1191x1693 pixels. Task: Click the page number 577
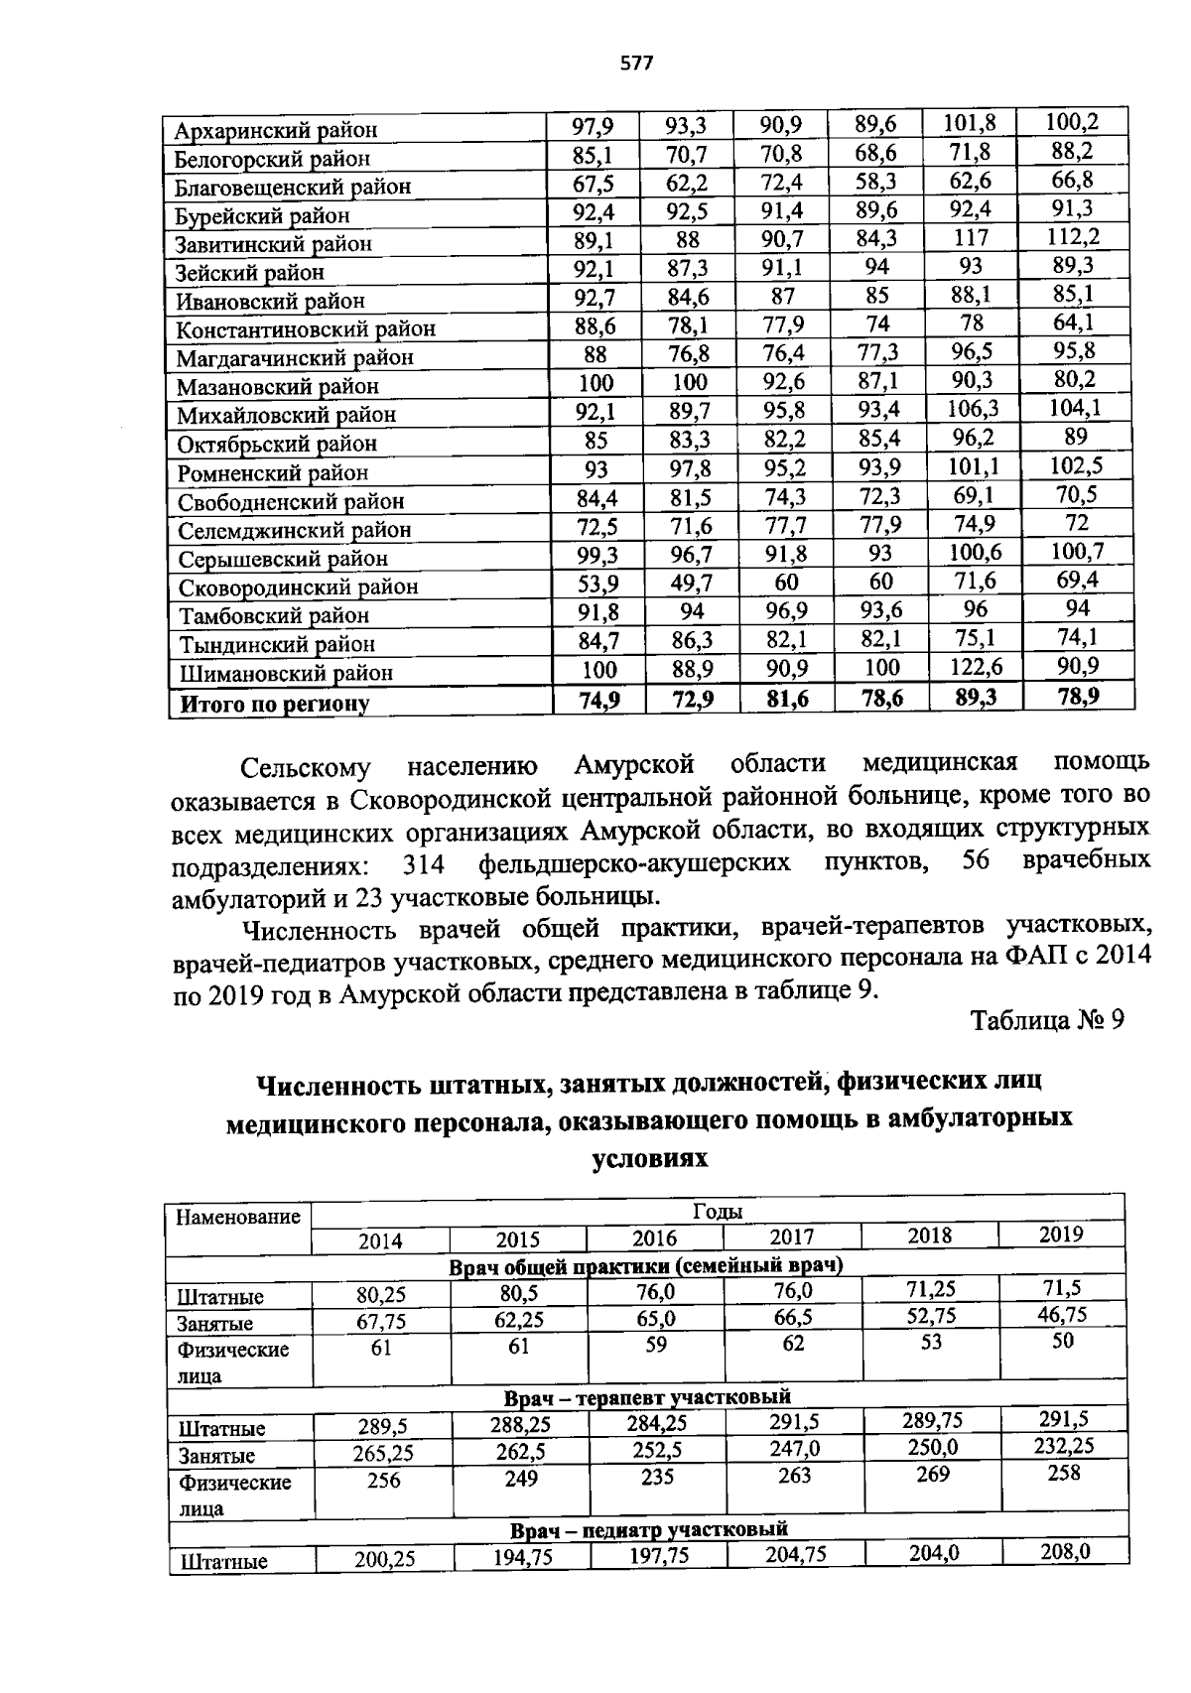tap(636, 64)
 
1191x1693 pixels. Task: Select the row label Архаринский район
tap(276, 130)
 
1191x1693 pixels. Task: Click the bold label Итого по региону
tap(274, 704)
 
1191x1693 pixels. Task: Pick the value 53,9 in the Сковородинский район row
tap(596, 583)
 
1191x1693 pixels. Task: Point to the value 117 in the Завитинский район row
tap(971, 238)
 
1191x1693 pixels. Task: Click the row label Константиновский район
tap(306, 329)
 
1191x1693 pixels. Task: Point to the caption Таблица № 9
tap(1047, 1021)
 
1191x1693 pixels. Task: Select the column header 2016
tap(655, 1238)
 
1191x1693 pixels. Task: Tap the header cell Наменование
tap(238, 1217)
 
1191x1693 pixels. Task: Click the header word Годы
tap(717, 1211)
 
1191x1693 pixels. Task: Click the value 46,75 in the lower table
tap(1061, 1315)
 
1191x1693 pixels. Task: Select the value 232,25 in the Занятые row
tap(1063, 1446)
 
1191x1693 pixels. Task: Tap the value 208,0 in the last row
tap(1065, 1551)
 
